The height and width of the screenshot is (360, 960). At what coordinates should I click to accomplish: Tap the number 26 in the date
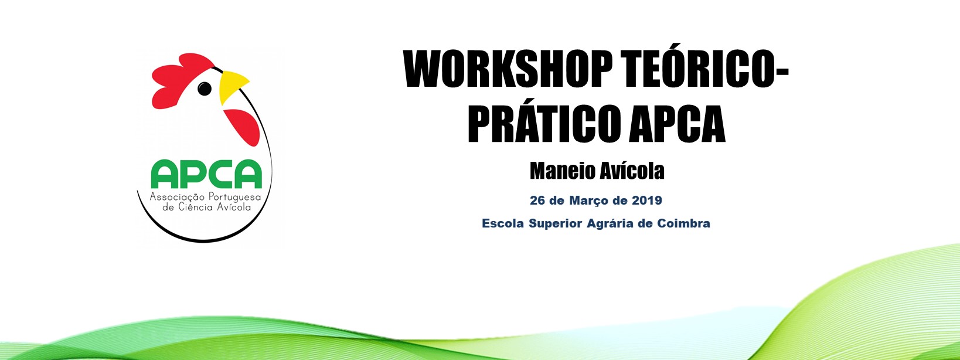(x=537, y=201)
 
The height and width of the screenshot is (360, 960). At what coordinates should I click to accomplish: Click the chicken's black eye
(x=205, y=89)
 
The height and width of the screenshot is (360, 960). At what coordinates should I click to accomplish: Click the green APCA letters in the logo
(x=206, y=174)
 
